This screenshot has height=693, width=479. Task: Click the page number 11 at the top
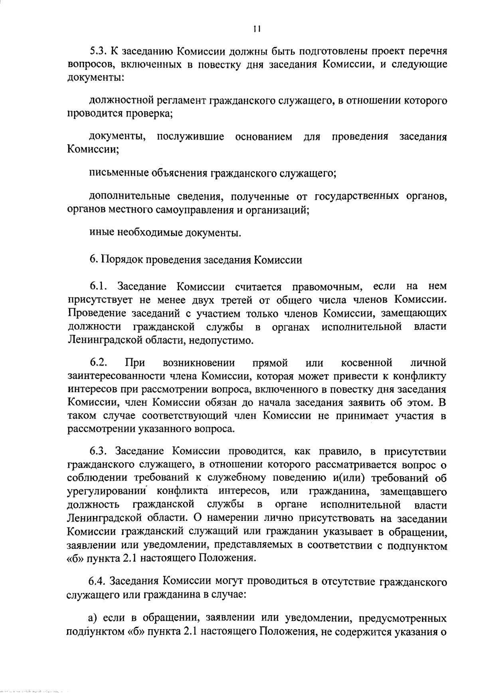(x=257, y=29)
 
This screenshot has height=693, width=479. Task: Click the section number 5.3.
(x=97, y=52)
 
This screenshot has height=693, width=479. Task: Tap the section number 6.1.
(x=98, y=287)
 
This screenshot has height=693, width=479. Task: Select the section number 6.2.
(x=98, y=363)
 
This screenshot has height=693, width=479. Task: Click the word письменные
(x=118, y=173)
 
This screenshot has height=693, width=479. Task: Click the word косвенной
(x=367, y=363)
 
